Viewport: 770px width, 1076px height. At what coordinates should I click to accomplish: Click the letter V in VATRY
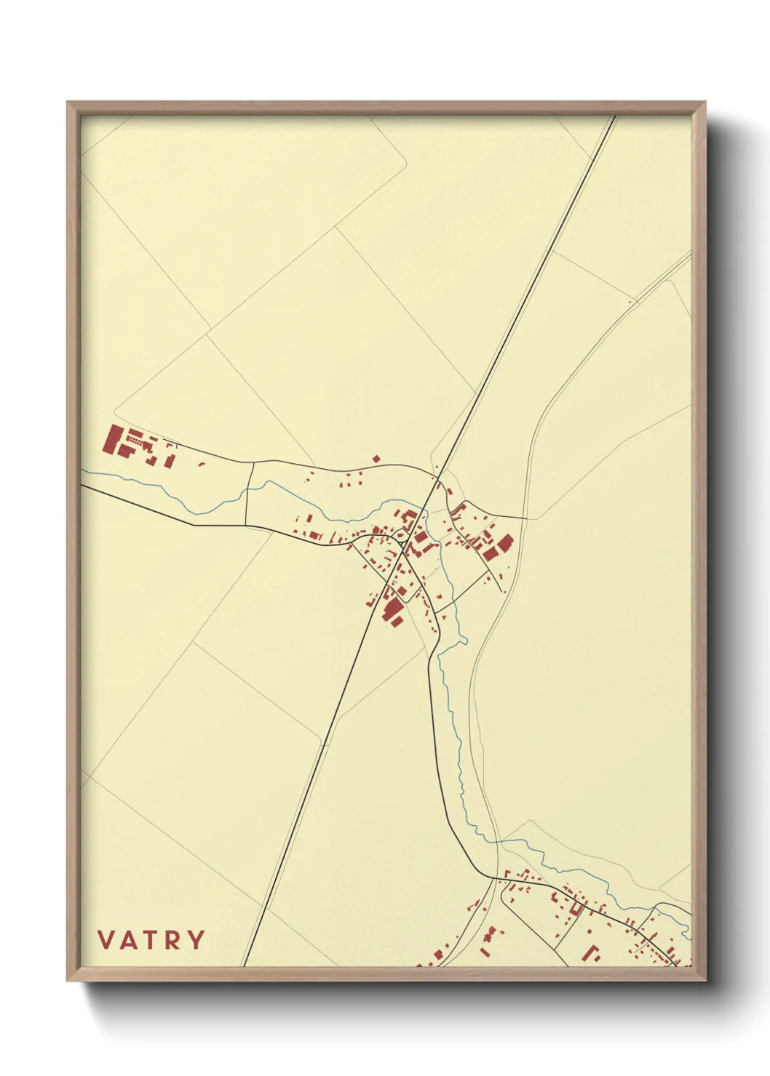point(106,940)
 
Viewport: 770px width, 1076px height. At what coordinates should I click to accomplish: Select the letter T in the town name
point(152,940)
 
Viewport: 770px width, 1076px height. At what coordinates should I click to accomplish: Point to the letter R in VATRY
point(173,940)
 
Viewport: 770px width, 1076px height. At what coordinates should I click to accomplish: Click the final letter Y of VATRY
point(196,940)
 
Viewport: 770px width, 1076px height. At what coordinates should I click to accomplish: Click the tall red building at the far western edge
point(112,440)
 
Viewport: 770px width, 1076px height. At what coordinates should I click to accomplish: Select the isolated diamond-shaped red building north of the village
point(376,459)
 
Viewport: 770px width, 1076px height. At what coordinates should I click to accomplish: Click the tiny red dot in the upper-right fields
point(630,300)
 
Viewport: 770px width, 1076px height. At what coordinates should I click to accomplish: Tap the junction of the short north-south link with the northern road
point(253,462)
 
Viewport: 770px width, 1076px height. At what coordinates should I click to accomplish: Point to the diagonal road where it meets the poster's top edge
point(616,116)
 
